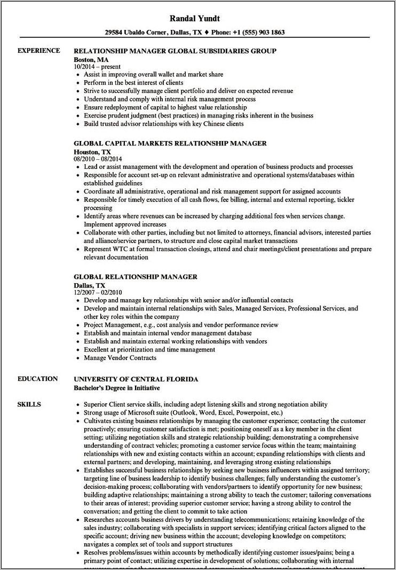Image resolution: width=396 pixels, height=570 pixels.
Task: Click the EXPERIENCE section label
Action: pyautogui.click(x=39, y=51)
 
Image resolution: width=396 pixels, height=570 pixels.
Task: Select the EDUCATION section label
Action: pyautogui.click(x=37, y=379)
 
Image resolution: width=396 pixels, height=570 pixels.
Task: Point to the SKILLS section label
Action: pyautogui.click(x=30, y=389)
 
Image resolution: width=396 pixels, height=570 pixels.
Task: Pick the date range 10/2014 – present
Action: pyautogui.click(x=98, y=66)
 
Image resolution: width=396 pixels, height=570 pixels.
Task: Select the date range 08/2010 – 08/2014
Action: pyautogui.click(x=101, y=159)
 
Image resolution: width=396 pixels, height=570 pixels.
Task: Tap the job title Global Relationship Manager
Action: pyautogui.click(x=136, y=277)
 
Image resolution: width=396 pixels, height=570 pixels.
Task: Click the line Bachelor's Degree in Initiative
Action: pyautogui.click(x=116, y=387)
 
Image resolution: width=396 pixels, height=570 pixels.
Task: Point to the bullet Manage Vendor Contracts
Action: pyautogui.click(x=120, y=357)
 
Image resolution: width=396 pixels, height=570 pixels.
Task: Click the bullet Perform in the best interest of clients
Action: pyautogui.click(x=133, y=83)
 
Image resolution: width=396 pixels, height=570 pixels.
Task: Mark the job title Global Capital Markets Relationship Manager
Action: pyautogui.click(x=170, y=144)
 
